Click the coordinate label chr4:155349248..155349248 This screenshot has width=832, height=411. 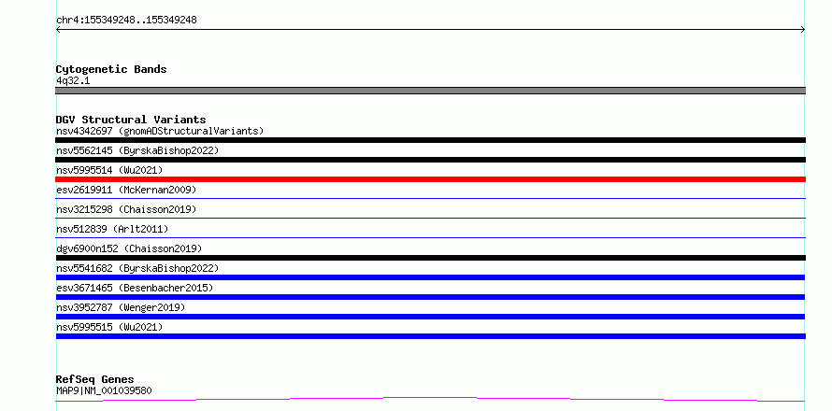[126, 20]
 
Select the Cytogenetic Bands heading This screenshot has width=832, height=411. [111, 69]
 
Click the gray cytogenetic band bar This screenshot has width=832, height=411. [430, 91]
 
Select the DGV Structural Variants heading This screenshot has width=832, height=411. [131, 120]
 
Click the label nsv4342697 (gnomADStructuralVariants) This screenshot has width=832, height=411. [160, 131]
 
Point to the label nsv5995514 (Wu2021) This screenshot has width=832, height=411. [109, 170]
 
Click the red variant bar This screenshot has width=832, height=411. [430, 179]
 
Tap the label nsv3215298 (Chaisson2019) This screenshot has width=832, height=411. [126, 209]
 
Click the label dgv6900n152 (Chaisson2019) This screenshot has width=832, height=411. [129, 248]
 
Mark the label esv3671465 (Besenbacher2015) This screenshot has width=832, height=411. [135, 288]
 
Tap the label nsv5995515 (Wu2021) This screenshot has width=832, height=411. [109, 327]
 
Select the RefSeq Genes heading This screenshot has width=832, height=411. [94, 379]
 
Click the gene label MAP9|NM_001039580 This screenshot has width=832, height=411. [104, 390]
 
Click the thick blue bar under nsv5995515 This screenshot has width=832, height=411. [430, 336]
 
